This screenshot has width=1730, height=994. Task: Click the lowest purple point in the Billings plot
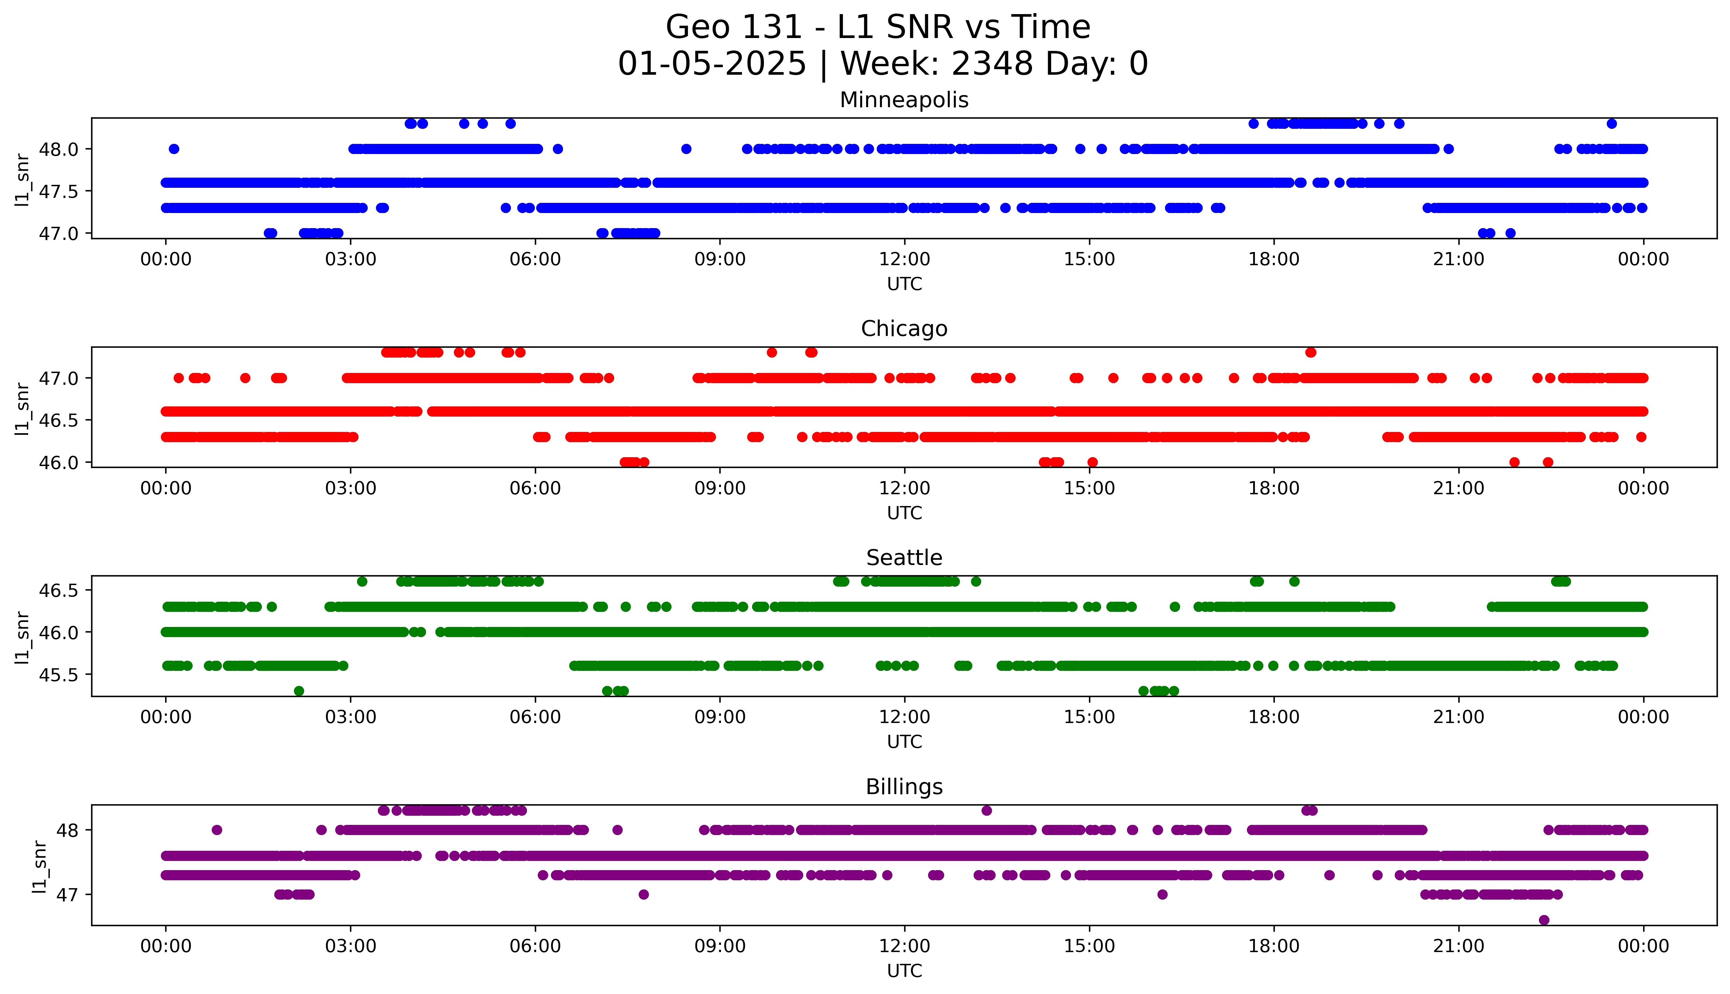click(1544, 920)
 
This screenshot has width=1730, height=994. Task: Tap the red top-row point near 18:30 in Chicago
click(1310, 352)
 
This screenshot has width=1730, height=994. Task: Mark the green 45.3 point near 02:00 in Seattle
click(299, 691)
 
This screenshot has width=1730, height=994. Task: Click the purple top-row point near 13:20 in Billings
click(986, 810)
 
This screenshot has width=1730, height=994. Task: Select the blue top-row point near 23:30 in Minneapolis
click(1611, 124)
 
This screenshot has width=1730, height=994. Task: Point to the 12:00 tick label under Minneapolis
click(904, 260)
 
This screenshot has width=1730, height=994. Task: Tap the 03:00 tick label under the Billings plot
click(351, 946)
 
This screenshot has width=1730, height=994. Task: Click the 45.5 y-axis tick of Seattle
click(59, 674)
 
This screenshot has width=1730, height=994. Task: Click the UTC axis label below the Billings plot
click(904, 970)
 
